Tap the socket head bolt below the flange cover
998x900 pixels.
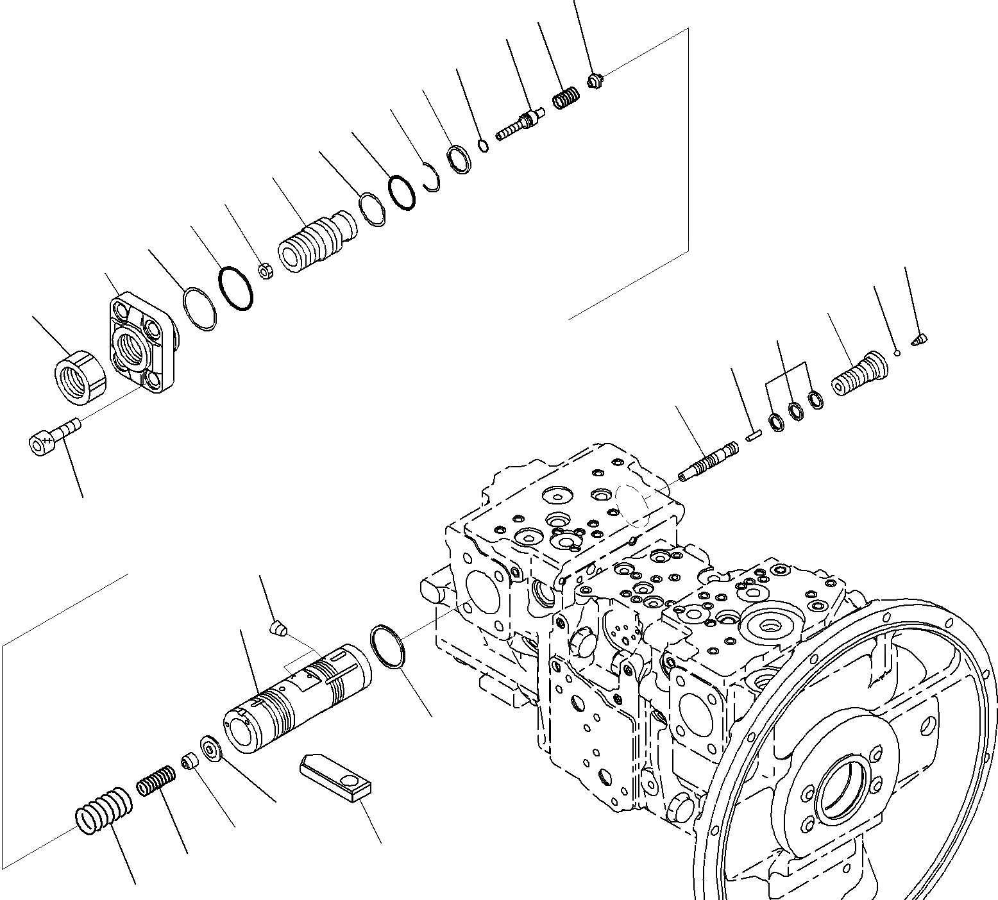click(53, 435)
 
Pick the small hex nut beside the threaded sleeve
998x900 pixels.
click(266, 271)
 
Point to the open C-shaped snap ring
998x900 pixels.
click(434, 178)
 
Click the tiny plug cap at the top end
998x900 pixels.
click(595, 81)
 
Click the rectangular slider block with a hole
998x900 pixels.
click(335, 777)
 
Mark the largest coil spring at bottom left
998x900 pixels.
click(103, 809)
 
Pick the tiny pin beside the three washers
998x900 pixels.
click(753, 436)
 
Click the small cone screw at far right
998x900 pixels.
click(920, 338)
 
